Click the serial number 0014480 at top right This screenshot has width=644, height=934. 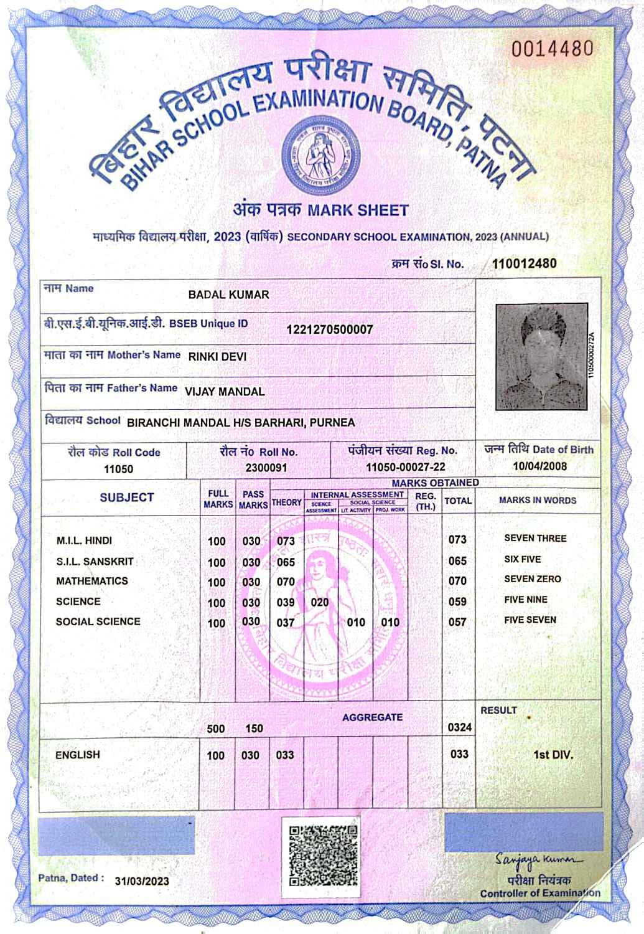click(x=552, y=49)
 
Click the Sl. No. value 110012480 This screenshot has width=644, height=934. click(x=524, y=263)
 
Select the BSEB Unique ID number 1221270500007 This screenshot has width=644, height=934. click(x=330, y=329)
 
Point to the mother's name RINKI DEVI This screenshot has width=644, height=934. click(x=217, y=357)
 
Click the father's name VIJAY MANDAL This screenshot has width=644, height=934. click(x=225, y=392)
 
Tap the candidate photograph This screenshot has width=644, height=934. click(x=541, y=356)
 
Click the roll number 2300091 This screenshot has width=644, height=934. click(x=266, y=467)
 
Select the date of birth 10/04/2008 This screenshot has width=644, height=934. click(x=539, y=466)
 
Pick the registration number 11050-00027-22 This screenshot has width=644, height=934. click(x=405, y=467)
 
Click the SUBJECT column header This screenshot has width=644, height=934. click(x=126, y=498)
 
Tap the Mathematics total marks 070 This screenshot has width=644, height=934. click(x=457, y=581)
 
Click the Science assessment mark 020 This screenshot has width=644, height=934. click(x=320, y=602)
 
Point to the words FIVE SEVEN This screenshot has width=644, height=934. click(x=530, y=620)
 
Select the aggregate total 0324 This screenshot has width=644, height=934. click(x=460, y=727)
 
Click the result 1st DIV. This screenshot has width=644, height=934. click(x=553, y=755)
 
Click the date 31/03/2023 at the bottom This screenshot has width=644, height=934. click(x=142, y=881)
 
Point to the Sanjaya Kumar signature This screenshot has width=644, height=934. click(x=539, y=860)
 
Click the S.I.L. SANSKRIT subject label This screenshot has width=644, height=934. click(x=95, y=562)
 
